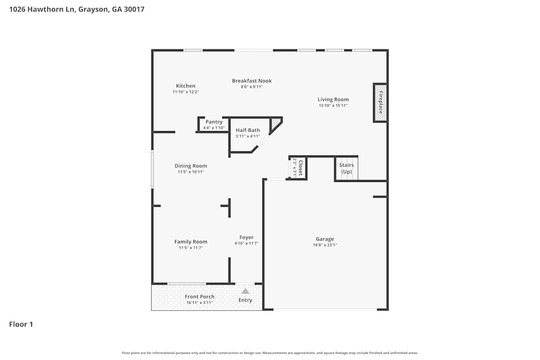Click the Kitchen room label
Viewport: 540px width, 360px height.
point(185,86)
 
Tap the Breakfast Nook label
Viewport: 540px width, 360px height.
point(252,81)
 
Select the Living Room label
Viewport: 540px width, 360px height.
point(333,99)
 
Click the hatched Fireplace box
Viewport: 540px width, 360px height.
point(380,103)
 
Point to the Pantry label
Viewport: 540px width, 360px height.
point(214,122)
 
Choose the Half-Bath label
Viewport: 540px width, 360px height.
point(247,130)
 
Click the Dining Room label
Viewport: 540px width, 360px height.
point(191,166)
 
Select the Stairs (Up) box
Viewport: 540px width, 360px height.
point(347,168)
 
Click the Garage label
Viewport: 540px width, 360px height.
point(325,239)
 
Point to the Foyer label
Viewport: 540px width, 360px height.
point(246,237)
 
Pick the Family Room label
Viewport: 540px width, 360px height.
point(191,242)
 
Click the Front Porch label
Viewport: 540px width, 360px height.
point(199,297)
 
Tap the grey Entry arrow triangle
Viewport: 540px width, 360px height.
point(245,291)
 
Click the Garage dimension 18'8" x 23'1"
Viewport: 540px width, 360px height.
point(325,245)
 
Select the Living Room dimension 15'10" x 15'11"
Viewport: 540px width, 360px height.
point(333,106)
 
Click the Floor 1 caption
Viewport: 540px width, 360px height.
point(21,324)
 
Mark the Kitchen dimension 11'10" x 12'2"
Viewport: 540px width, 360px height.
point(185,92)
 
